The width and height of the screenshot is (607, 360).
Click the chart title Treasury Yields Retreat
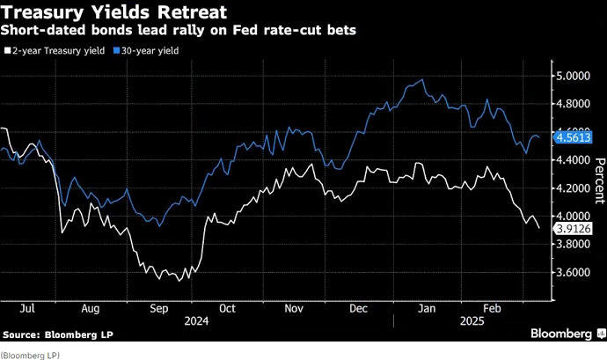point(114,13)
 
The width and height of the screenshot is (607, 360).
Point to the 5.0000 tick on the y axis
point(574,76)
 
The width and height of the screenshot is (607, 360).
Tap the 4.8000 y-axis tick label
point(574,104)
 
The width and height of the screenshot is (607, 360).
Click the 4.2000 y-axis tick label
point(574,188)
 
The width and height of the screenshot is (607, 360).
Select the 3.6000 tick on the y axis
point(574,273)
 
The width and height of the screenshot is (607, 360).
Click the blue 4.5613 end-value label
point(574,136)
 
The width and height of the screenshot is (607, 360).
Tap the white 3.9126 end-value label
point(574,228)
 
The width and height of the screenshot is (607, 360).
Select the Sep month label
point(160,309)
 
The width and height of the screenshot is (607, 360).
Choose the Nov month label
point(295,309)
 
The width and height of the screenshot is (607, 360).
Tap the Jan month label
point(427,309)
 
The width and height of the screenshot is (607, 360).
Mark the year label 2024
point(195,321)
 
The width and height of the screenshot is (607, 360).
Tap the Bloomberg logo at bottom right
point(561,334)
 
